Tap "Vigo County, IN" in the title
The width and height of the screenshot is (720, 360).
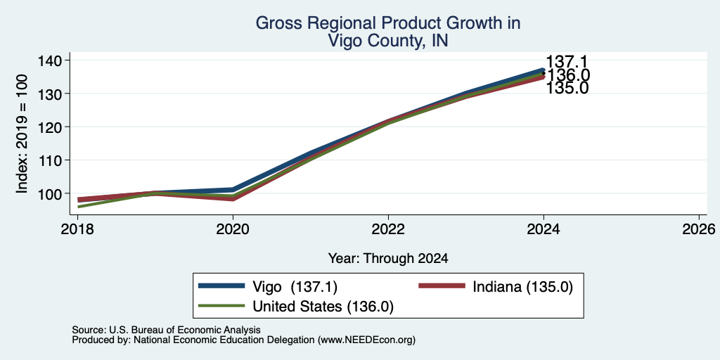[388, 41]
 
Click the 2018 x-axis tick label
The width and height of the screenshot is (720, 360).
[77, 229]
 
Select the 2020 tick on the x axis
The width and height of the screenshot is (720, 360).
[233, 229]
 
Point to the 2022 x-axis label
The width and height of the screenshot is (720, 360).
[388, 229]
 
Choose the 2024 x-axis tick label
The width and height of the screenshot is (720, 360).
[544, 229]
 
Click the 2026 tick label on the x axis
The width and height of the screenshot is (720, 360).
[699, 229]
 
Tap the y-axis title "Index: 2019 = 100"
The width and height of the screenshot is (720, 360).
[22, 134]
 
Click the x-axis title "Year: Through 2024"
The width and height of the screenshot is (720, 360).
[388, 259]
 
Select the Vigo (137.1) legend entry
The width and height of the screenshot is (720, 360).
[268, 287]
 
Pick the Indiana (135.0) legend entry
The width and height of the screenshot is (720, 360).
[496, 287]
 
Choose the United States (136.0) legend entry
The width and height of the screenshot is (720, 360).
[296, 307]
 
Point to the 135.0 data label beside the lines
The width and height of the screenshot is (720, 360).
[567, 88]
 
